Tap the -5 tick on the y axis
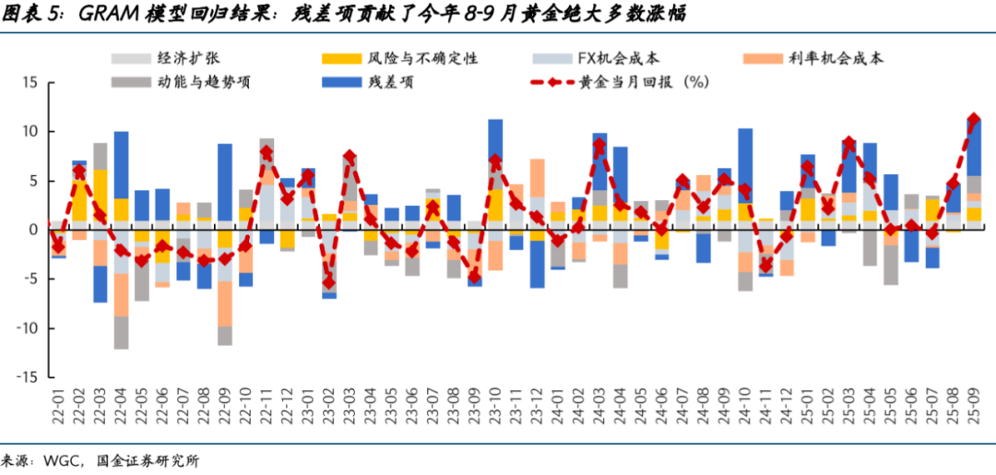coord(30,279)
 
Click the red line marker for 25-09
coord(973,119)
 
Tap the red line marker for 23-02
coord(328,282)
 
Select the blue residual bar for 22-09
coord(225,186)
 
